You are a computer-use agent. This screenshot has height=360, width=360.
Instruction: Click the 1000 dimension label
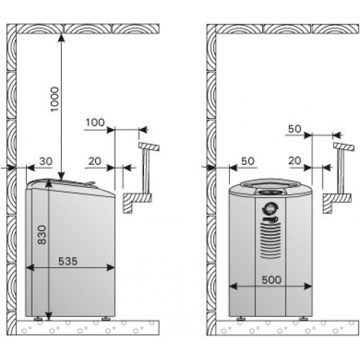tap(55, 99)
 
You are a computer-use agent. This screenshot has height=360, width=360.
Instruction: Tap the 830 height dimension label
tap(42, 235)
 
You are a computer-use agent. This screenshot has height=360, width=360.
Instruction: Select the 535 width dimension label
tap(68, 261)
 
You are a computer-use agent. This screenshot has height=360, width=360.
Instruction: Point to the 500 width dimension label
tap(271, 280)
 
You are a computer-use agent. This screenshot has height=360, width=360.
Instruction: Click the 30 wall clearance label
tap(45, 161)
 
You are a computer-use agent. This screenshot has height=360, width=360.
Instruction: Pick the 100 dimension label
tap(95, 122)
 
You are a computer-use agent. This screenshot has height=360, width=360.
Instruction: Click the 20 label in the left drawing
tap(94, 161)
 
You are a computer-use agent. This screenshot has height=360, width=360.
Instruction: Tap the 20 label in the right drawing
tap(294, 161)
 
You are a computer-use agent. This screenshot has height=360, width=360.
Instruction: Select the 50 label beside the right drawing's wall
tap(248, 161)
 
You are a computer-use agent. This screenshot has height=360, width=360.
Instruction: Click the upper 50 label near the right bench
tap(294, 129)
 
